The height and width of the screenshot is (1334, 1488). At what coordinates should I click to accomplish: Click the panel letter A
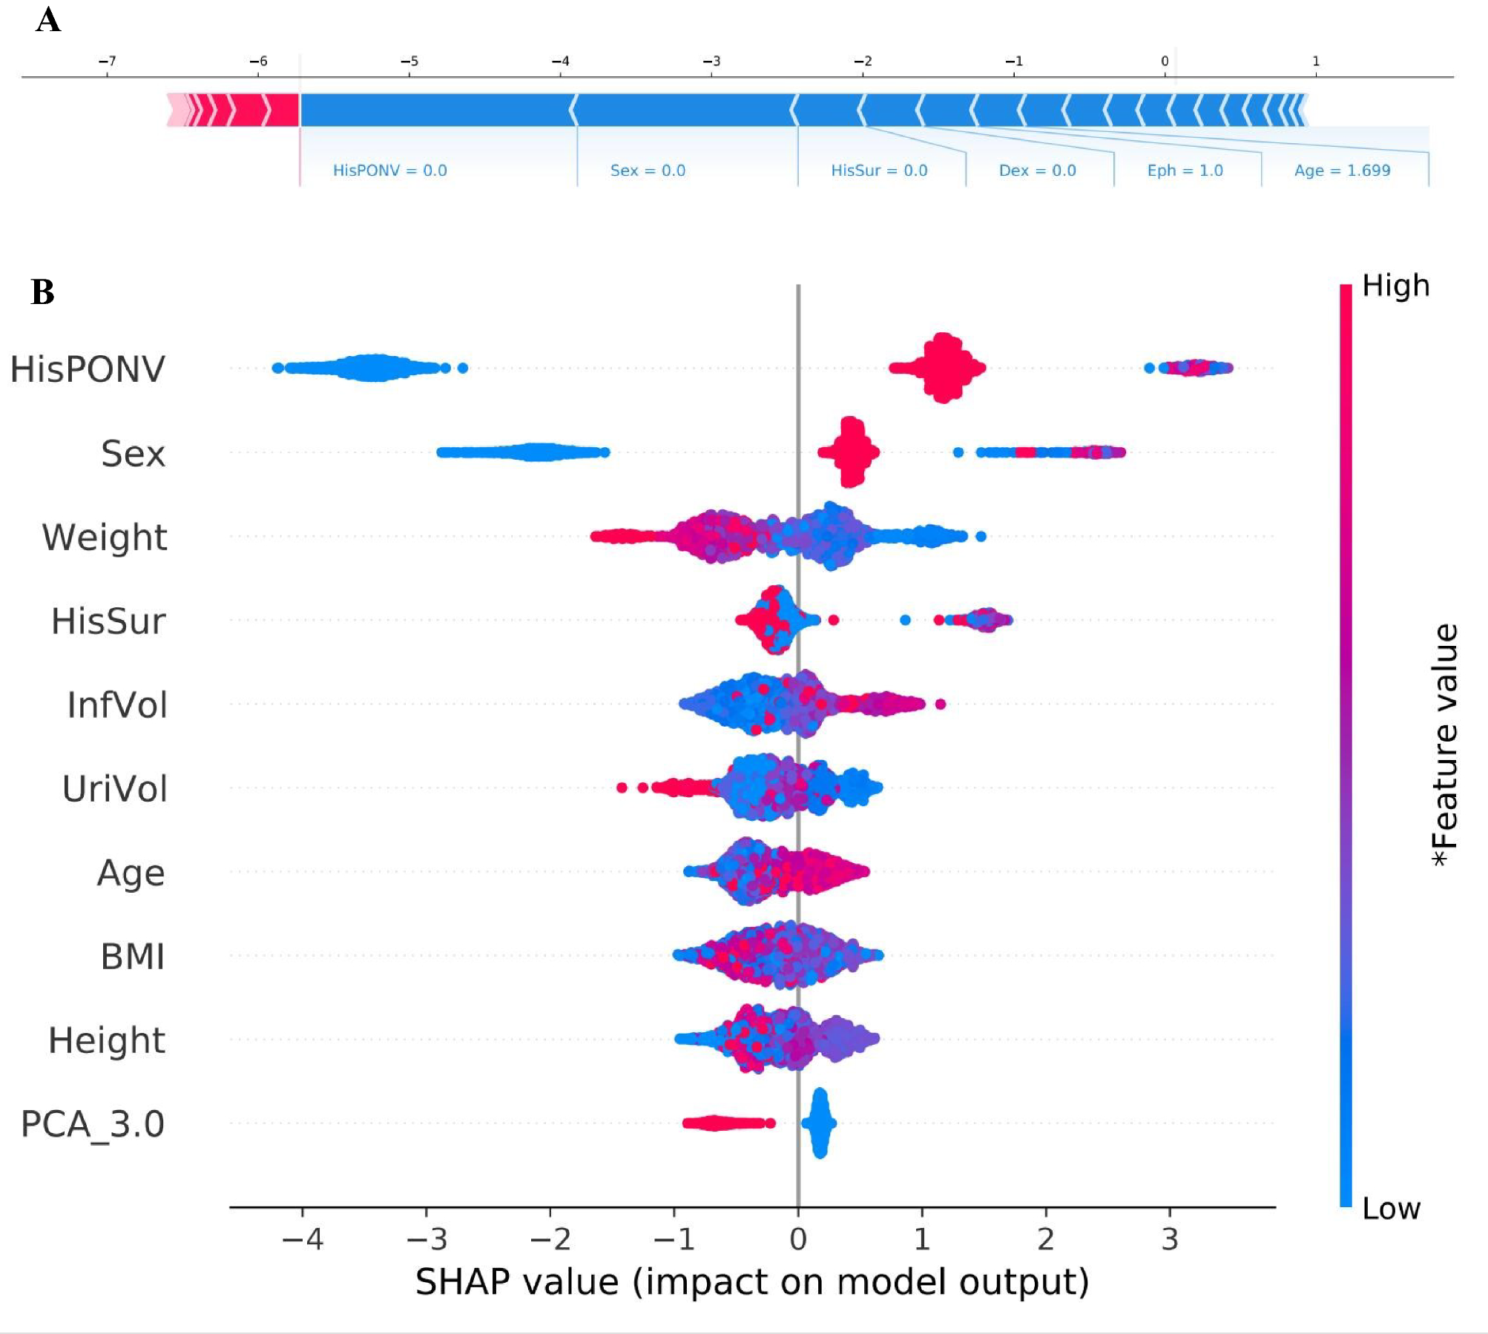(48, 20)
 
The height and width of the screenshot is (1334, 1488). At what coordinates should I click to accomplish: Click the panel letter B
(43, 291)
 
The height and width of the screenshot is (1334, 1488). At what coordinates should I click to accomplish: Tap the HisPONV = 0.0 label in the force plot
(389, 171)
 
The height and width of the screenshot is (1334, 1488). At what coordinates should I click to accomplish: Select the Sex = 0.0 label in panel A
(648, 171)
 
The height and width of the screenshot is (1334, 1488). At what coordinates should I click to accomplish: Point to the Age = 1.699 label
(1342, 171)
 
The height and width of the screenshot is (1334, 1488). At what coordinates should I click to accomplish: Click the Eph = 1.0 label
(1185, 171)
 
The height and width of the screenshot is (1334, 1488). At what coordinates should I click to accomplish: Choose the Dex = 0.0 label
(1037, 171)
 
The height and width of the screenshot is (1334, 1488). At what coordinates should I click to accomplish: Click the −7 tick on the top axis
(107, 61)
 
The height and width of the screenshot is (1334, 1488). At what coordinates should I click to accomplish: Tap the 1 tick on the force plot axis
(1316, 61)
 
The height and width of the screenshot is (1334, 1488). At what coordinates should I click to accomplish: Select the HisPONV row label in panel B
(88, 369)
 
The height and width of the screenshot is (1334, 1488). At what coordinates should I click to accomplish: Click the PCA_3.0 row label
(93, 1123)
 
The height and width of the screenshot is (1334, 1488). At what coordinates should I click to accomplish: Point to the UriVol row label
(115, 788)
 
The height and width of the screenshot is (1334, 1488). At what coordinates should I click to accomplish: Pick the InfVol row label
(117, 704)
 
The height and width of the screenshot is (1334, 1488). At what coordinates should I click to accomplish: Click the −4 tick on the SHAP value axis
(303, 1239)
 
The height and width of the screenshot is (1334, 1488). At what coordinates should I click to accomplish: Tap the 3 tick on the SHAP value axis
(1170, 1239)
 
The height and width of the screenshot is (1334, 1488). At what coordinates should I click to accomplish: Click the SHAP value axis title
(751, 1282)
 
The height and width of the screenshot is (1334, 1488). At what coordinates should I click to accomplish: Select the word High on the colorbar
(1395, 286)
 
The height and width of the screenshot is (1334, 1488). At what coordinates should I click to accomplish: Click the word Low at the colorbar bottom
(1391, 1209)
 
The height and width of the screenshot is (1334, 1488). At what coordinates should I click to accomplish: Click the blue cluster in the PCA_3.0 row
(819, 1123)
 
